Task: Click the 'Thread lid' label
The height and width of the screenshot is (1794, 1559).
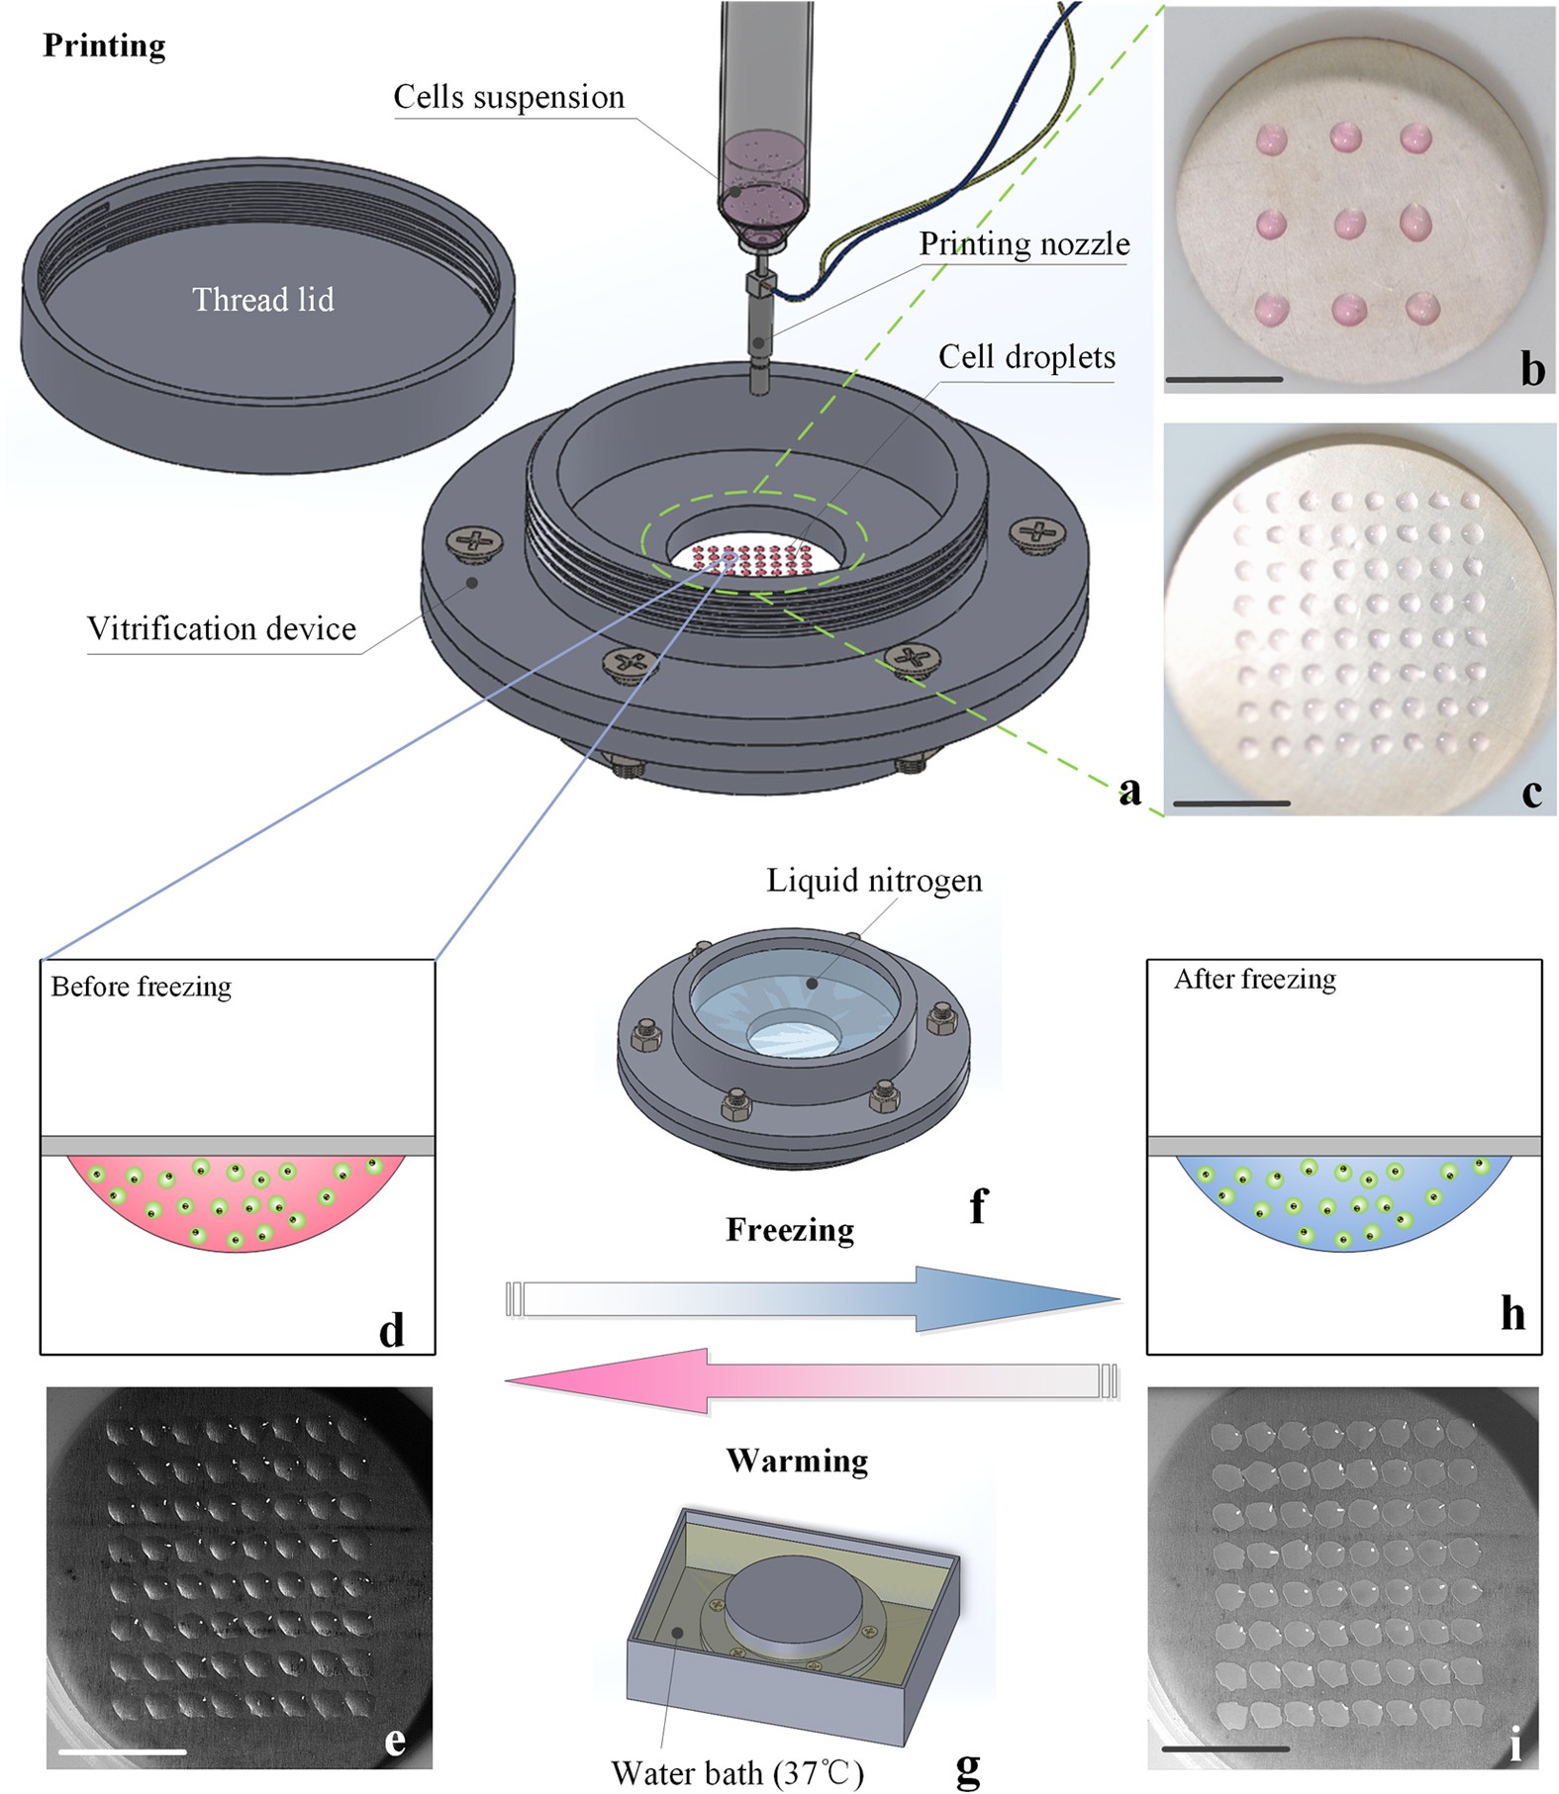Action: coord(262,300)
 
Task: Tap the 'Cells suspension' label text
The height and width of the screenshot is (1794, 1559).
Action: coord(509,97)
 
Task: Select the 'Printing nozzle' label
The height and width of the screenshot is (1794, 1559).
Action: coord(1024,244)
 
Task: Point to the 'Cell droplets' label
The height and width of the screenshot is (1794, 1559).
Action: coord(1026,357)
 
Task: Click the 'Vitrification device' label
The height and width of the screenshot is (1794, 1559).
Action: coord(222,629)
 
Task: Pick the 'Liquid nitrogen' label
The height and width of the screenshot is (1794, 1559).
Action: coord(874,881)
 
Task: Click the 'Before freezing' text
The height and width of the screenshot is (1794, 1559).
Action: coord(142,987)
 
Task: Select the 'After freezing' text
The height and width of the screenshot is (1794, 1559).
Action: coord(1254,980)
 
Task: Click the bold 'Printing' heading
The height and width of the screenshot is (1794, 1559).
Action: coord(104,46)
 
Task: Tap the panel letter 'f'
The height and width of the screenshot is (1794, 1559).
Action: coord(978,1205)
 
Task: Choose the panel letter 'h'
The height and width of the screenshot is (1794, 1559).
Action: coord(1512,1313)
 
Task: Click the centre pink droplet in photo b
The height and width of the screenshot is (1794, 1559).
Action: coord(1349,224)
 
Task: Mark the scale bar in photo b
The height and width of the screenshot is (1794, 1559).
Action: coord(1224,379)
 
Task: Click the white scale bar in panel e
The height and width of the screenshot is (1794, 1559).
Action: coord(122,1750)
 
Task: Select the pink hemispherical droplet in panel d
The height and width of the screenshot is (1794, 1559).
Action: coord(237,1202)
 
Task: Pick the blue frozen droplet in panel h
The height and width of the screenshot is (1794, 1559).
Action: coord(1344,1202)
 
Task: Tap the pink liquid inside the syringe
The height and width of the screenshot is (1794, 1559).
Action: coord(762,183)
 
